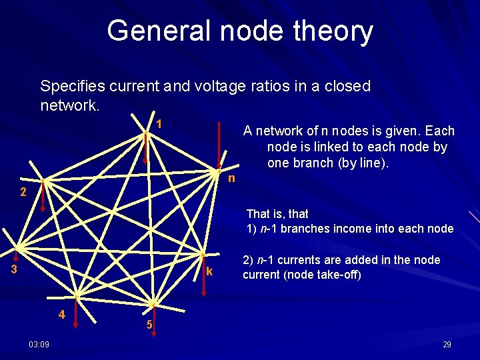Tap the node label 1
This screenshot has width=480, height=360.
[159, 125]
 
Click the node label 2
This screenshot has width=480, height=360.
[23, 193]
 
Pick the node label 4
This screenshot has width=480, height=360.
[61, 314]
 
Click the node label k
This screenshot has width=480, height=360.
[209, 271]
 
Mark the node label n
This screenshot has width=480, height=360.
[231, 179]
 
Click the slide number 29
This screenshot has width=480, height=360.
[447, 344]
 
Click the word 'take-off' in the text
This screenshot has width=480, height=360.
[339, 274]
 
